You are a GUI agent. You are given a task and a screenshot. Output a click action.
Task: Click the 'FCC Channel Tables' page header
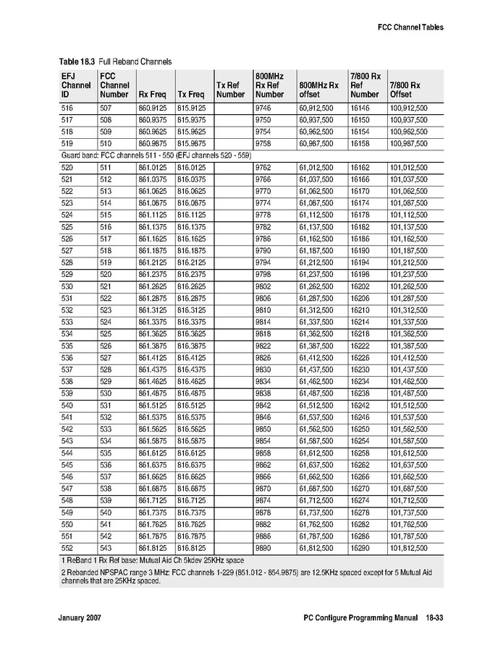[x=410, y=27]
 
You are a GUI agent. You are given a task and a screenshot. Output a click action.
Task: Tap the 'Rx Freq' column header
[x=152, y=94]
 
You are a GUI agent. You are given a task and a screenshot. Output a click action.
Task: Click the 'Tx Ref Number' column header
[x=230, y=90]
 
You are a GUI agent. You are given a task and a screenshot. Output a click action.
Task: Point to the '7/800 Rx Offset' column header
[x=405, y=90]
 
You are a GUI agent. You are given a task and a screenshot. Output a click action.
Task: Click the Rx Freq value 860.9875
[x=152, y=143]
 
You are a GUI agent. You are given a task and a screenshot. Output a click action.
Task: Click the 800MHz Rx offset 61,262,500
[x=316, y=286]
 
